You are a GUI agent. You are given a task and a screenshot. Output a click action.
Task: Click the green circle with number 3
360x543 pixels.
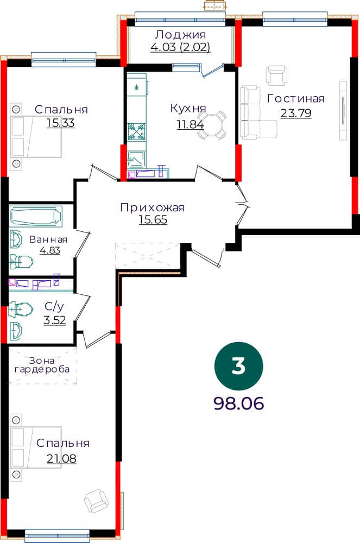pos(238,366)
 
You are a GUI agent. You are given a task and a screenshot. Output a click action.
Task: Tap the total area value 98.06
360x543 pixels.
pos(239,403)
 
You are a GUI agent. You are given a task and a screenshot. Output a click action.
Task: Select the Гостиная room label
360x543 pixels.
pos(295,99)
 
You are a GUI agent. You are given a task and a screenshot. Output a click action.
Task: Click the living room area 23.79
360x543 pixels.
pos(296,113)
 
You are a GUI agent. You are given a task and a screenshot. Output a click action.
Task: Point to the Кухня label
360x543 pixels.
pos(188,109)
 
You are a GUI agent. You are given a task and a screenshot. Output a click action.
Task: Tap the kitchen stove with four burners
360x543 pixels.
pos(136,131)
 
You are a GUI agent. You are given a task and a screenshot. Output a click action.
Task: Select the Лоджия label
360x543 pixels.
pos(180,35)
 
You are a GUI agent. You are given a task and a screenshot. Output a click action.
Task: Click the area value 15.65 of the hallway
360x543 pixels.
pos(153,219)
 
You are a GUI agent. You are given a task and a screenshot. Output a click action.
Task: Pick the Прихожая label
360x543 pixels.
pos(152,207)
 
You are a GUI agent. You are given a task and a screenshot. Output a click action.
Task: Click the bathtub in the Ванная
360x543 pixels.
pos(36,217)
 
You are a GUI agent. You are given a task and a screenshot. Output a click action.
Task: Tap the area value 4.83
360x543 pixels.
pos(50,250)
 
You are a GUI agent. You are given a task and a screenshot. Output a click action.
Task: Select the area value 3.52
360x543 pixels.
pos(55,320)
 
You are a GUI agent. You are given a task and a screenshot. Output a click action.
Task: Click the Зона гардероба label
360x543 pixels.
pos(42,365)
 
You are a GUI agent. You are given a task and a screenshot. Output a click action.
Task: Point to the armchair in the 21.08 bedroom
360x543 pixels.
pos(96,501)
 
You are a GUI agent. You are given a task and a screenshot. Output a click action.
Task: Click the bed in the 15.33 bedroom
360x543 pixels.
pos(36,137)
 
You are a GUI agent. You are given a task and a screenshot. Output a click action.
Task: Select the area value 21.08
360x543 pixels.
pos(61,458)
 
